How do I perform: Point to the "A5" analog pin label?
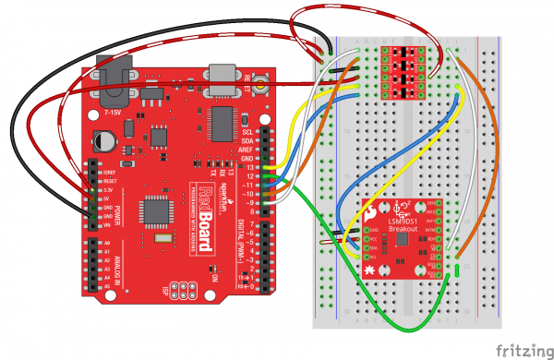(x=107, y=286)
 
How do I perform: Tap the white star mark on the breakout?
(x=369, y=269)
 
